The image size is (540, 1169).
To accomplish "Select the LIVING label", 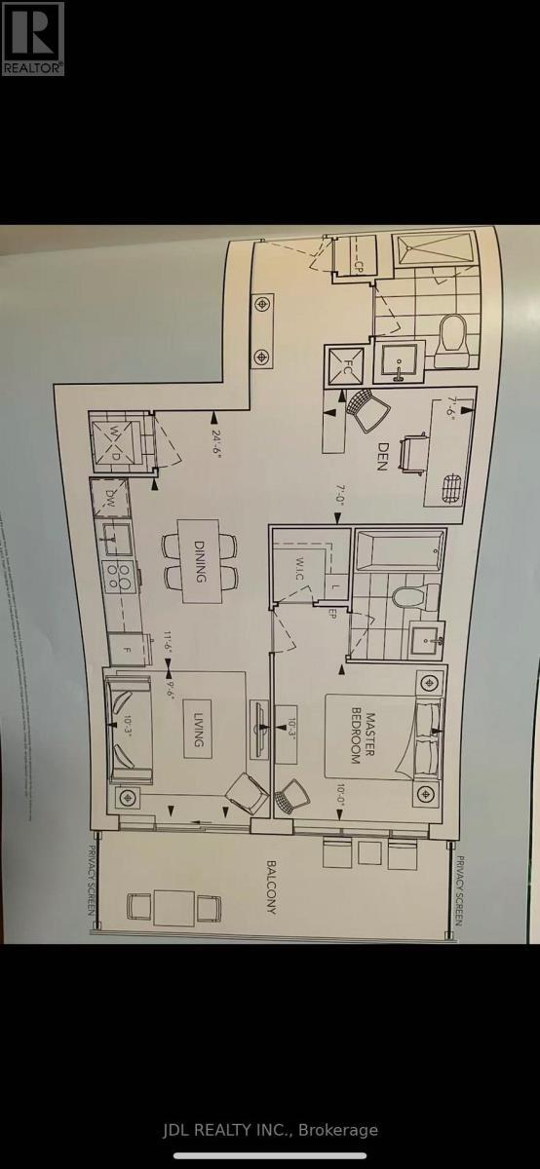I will point(198,728).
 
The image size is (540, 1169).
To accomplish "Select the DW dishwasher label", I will point(110,497).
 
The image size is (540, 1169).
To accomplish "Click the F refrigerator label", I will point(125,646).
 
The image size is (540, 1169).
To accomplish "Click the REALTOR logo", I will point(32,38).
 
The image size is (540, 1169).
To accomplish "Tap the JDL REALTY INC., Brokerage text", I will point(269,1130).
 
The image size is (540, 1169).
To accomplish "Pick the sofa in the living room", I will point(127,727).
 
